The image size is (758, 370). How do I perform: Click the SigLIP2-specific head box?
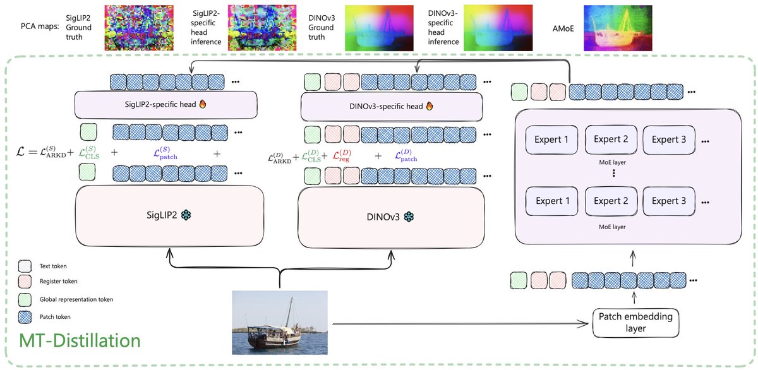[165, 105]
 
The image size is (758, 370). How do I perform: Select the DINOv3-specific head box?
[392, 107]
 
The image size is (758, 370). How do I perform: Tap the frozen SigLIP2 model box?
[169, 216]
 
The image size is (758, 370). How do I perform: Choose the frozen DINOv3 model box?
[391, 217]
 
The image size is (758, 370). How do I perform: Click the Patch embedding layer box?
[636, 323]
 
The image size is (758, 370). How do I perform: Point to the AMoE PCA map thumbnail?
[618, 28]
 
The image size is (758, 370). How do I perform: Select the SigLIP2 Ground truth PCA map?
[139, 28]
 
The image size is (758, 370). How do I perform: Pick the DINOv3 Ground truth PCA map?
[380, 28]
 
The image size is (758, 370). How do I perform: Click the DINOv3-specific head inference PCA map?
[498, 28]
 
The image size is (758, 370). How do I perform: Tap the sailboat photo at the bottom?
[280, 322]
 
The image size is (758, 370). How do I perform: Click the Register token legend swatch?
[25, 282]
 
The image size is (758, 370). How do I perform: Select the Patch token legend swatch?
[25, 317]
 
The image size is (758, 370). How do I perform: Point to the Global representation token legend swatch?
[25, 300]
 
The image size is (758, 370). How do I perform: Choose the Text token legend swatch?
[25, 266]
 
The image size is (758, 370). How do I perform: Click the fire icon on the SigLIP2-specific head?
[203, 104]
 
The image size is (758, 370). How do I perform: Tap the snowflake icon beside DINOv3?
[409, 217]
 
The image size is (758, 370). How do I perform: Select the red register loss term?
[342, 155]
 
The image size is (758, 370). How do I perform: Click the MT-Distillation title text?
[80, 340]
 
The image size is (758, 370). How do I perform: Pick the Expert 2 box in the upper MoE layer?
[611, 140]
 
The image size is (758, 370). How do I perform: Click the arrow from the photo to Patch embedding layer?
[460, 324]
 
